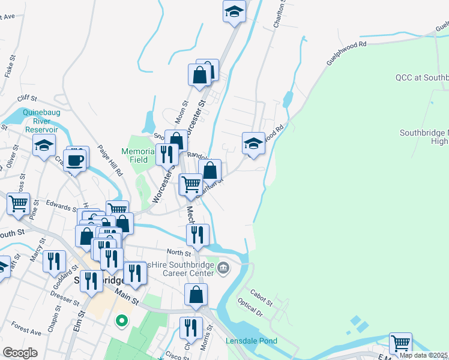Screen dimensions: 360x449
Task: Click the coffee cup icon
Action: (x=76, y=160)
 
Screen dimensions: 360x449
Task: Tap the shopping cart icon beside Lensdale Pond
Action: (x=400, y=344)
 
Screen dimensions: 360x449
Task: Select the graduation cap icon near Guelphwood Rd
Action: (x=253, y=143)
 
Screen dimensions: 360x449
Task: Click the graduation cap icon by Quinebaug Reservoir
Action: (x=44, y=146)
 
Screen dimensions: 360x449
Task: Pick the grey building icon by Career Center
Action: (x=223, y=267)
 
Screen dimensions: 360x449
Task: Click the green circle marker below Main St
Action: (x=121, y=322)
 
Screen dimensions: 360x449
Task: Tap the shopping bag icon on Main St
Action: (x=196, y=295)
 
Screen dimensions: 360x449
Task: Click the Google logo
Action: (x=20, y=353)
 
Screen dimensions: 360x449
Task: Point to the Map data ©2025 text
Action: (x=423, y=355)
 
